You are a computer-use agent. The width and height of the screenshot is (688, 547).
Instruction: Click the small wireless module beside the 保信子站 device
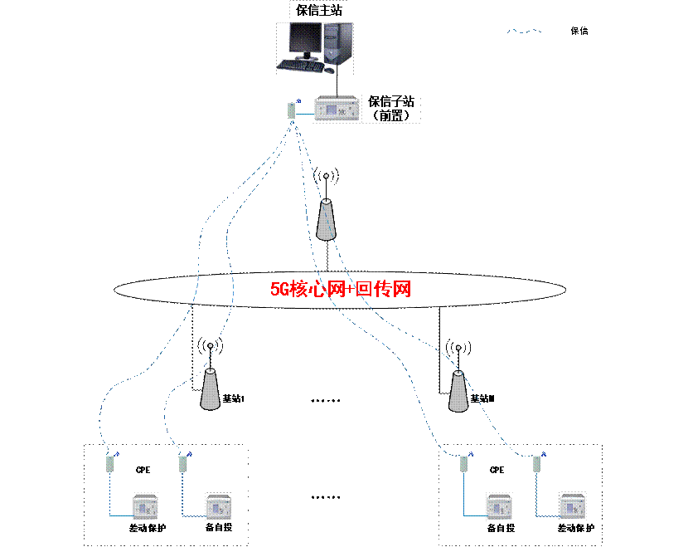(x=293, y=110)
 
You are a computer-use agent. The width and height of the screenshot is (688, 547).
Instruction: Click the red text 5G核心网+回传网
(x=341, y=290)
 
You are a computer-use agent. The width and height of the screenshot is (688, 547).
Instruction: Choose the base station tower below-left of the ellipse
(x=211, y=388)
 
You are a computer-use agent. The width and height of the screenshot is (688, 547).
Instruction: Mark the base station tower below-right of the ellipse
(x=457, y=390)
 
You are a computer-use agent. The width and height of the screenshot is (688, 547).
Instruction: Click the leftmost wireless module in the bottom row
(x=110, y=463)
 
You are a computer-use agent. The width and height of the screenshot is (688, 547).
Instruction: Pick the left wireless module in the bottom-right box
(x=464, y=463)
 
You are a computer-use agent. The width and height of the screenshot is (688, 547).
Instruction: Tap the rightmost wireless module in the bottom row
(x=537, y=463)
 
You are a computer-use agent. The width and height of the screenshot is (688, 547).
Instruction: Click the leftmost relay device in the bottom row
(x=145, y=506)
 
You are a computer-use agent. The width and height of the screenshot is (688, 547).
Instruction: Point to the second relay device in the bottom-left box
(x=218, y=506)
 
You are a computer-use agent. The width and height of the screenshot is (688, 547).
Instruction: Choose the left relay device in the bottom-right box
(x=499, y=506)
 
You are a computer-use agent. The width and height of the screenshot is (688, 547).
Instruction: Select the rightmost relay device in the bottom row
(x=572, y=506)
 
